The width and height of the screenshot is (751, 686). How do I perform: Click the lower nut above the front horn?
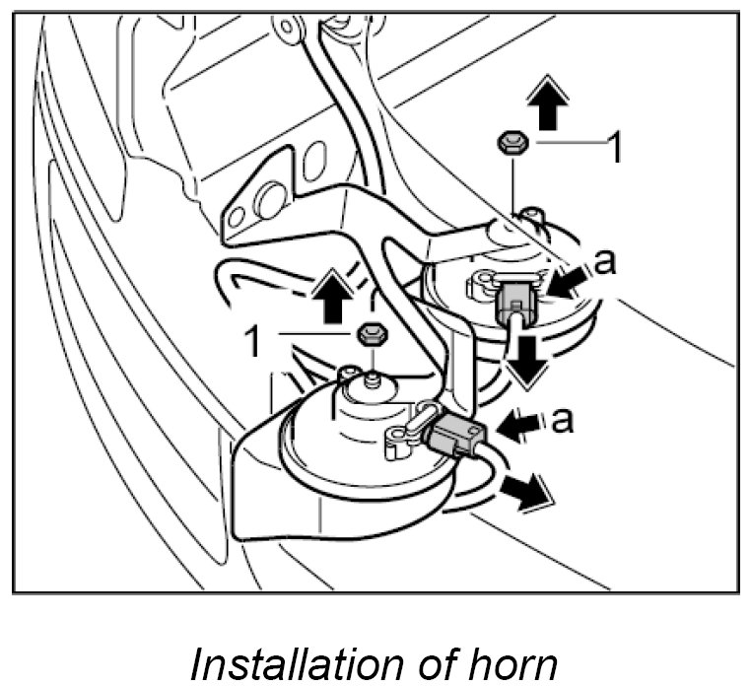368,332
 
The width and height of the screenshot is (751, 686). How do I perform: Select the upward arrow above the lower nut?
333,295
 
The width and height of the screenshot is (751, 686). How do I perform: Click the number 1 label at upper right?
613,147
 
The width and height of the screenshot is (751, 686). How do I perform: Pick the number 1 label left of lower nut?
253,340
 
